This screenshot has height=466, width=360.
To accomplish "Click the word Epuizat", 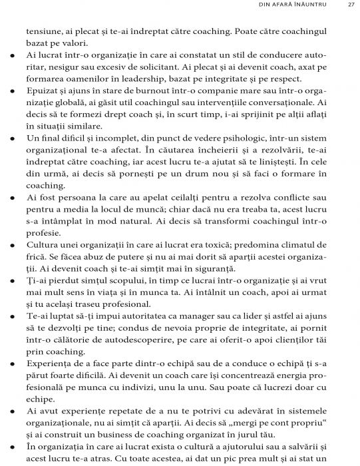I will pos(43,91).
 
